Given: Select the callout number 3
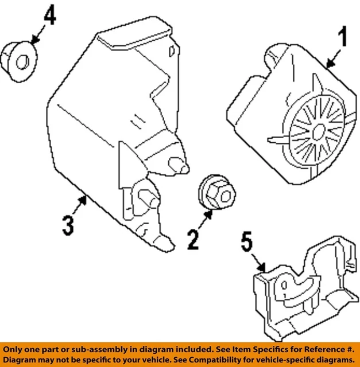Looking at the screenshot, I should coord(67,225).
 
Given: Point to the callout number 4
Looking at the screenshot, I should coord(50,15).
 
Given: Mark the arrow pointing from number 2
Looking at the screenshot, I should coord(204,217).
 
